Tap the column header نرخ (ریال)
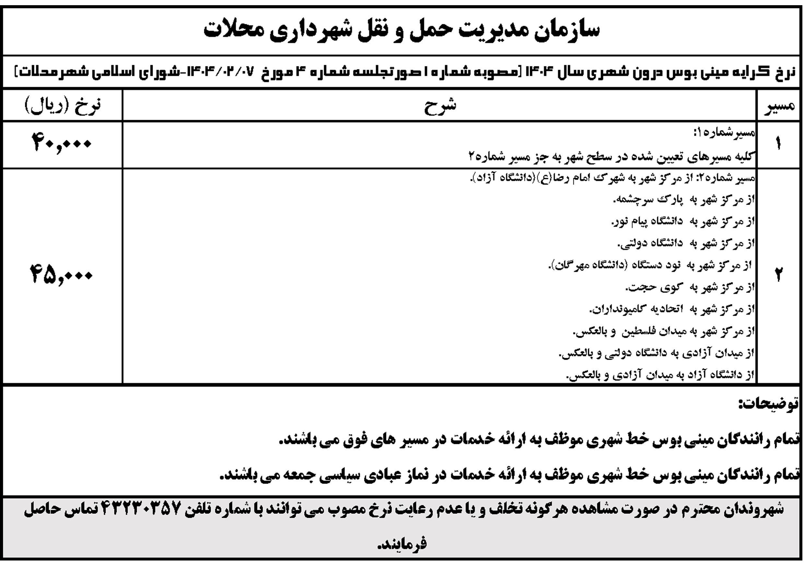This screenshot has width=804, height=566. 63,105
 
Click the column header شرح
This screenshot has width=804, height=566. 440,106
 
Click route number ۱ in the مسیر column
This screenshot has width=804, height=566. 778,144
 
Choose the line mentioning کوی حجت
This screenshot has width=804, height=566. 690,288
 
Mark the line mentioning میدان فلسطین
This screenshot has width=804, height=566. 664,331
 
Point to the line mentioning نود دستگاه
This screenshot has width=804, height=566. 651,266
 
